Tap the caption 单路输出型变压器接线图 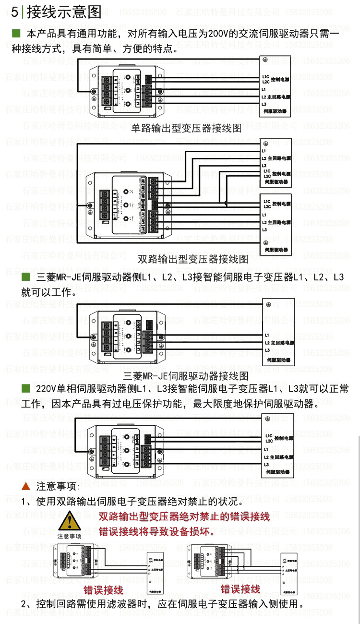186,128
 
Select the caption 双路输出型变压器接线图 193,260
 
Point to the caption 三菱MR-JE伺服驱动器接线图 186,376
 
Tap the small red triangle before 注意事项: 26,486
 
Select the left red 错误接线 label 103,589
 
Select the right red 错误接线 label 240,589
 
